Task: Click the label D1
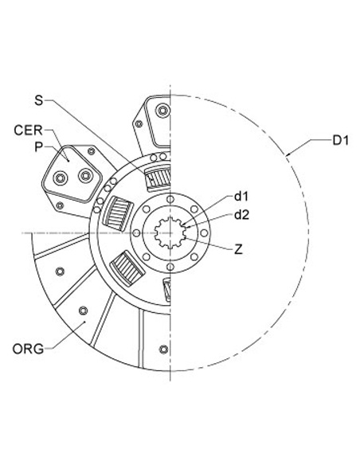click(341, 141)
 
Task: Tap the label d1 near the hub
click(243, 196)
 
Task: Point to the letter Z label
click(239, 248)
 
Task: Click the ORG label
click(29, 348)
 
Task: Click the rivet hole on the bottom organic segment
click(163, 348)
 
